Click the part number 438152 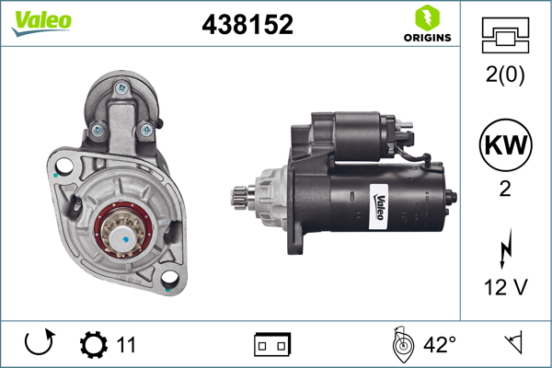click(x=247, y=26)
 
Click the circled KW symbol click(x=505, y=146)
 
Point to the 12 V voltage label click(x=505, y=288)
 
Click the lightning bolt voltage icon click(x=505, y=250)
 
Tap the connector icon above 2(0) click(x=505, y=35)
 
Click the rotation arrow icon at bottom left click(x=38, y=345)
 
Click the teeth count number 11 click(x=126, y=345)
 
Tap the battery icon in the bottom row click(x=272, y=345)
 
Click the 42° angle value click(x=440, y=345)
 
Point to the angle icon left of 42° click(x=400, y=344)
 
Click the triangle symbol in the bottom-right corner click(x=512, y=344)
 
